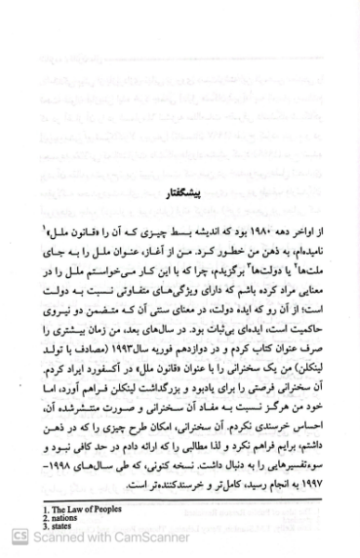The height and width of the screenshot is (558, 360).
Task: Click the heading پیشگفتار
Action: [192, 220]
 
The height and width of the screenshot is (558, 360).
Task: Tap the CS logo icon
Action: [11, 538]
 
